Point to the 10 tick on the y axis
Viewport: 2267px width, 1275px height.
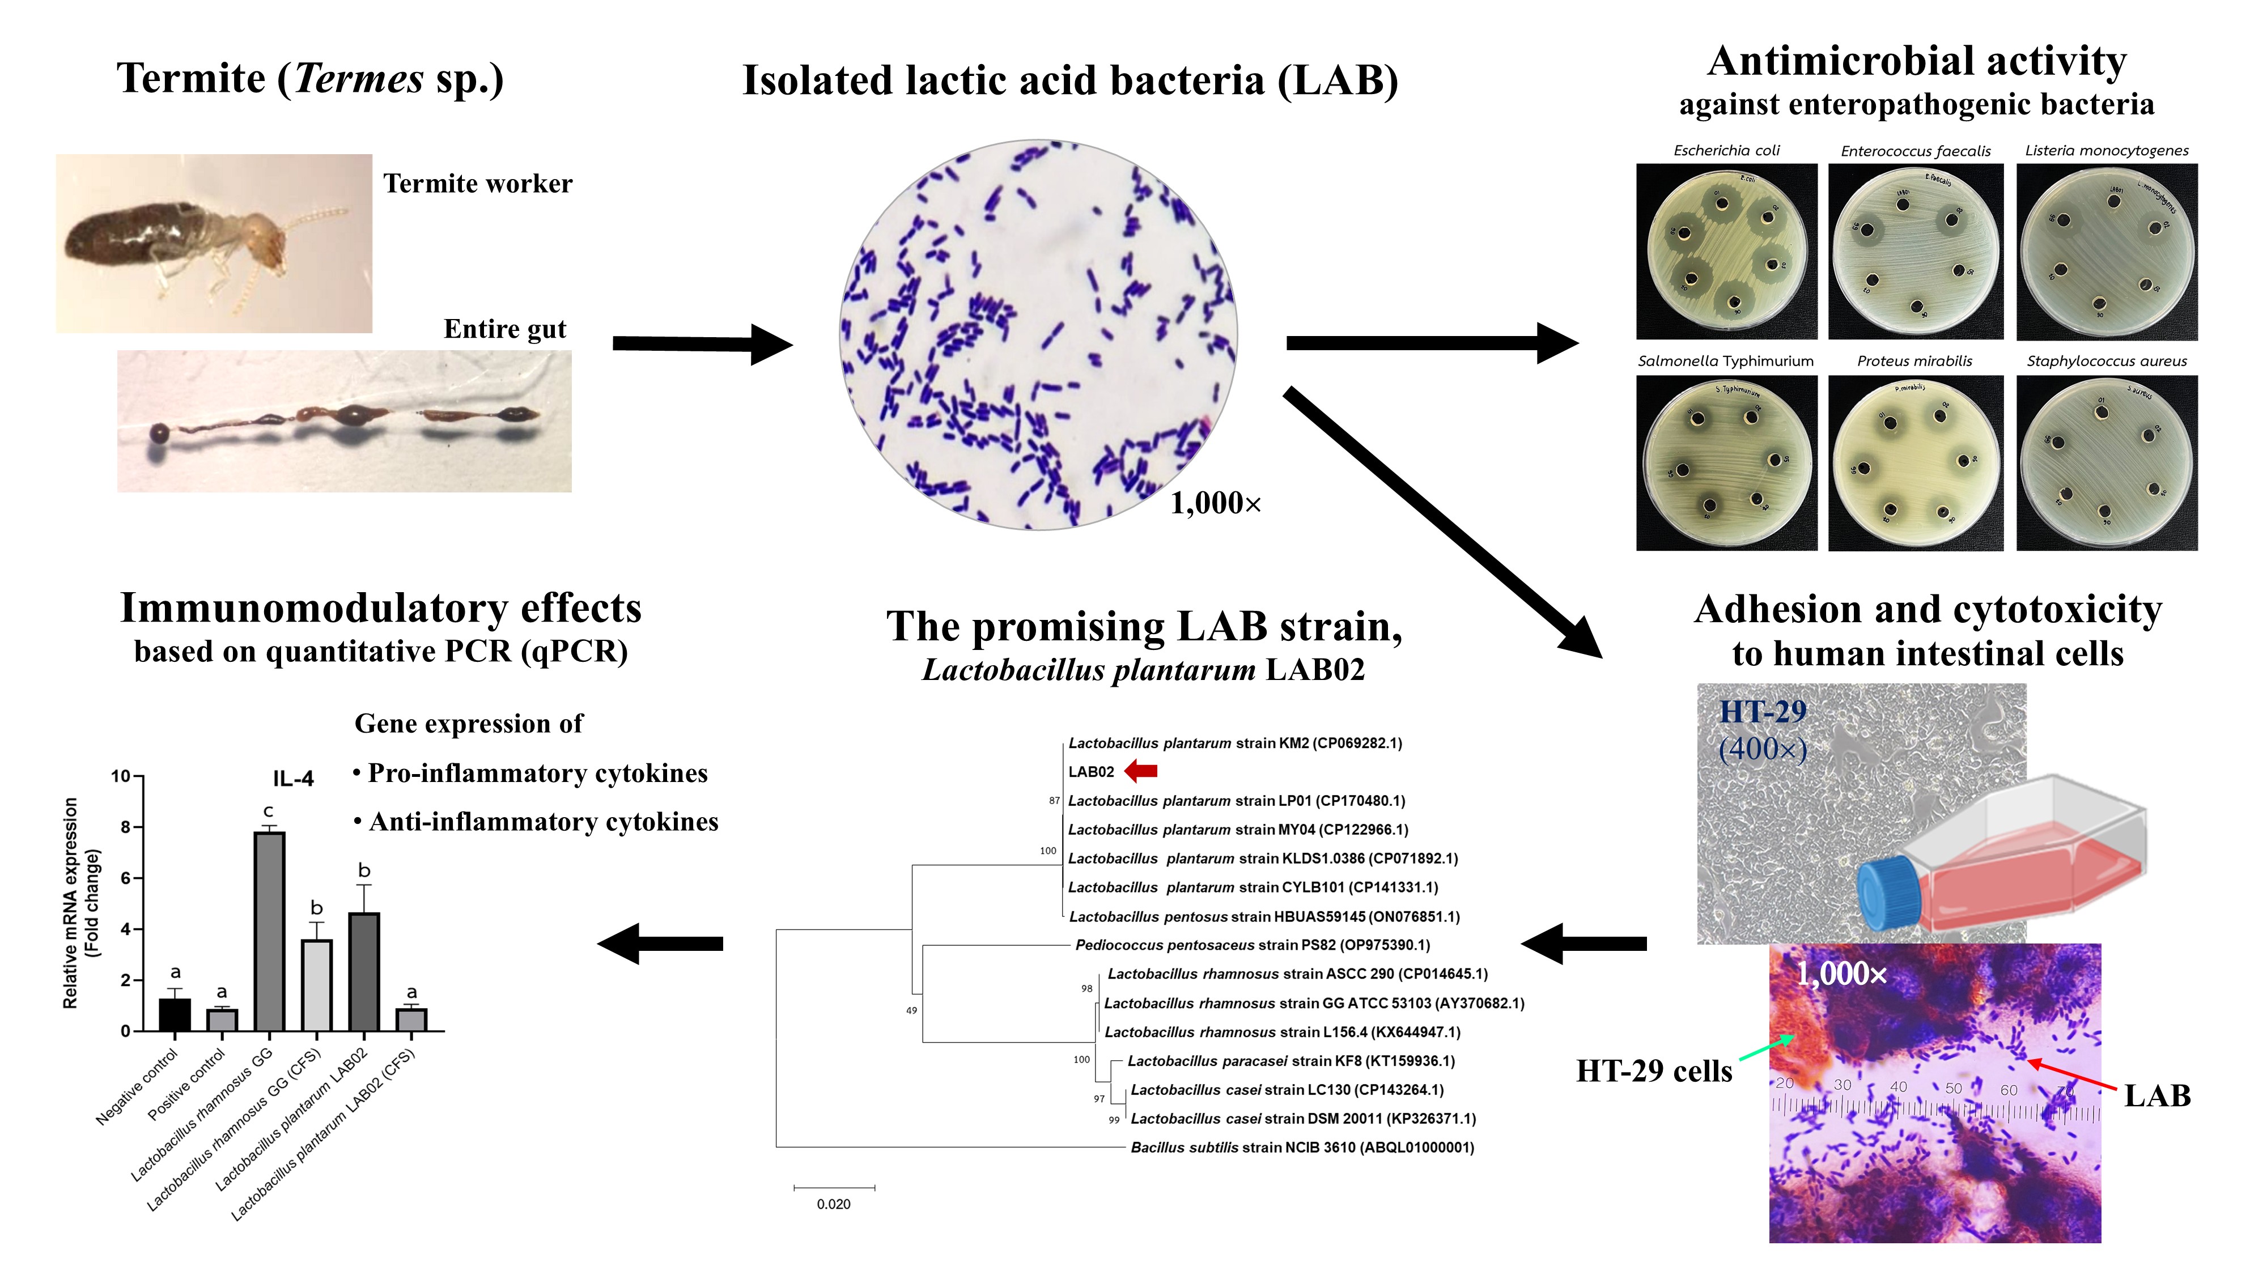pos(121,776)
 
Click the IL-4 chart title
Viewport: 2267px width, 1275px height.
pos(293,779)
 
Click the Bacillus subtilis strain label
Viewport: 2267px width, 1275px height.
pos(1302,1147)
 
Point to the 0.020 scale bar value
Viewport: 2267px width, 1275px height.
pos(833,1204)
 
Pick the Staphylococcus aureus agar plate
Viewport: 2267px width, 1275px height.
pos(2106,464)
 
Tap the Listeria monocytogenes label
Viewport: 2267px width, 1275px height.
pos(2106,151)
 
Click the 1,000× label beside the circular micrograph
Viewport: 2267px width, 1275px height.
pos(1215,503)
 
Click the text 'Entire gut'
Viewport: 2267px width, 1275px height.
pos(504,329)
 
